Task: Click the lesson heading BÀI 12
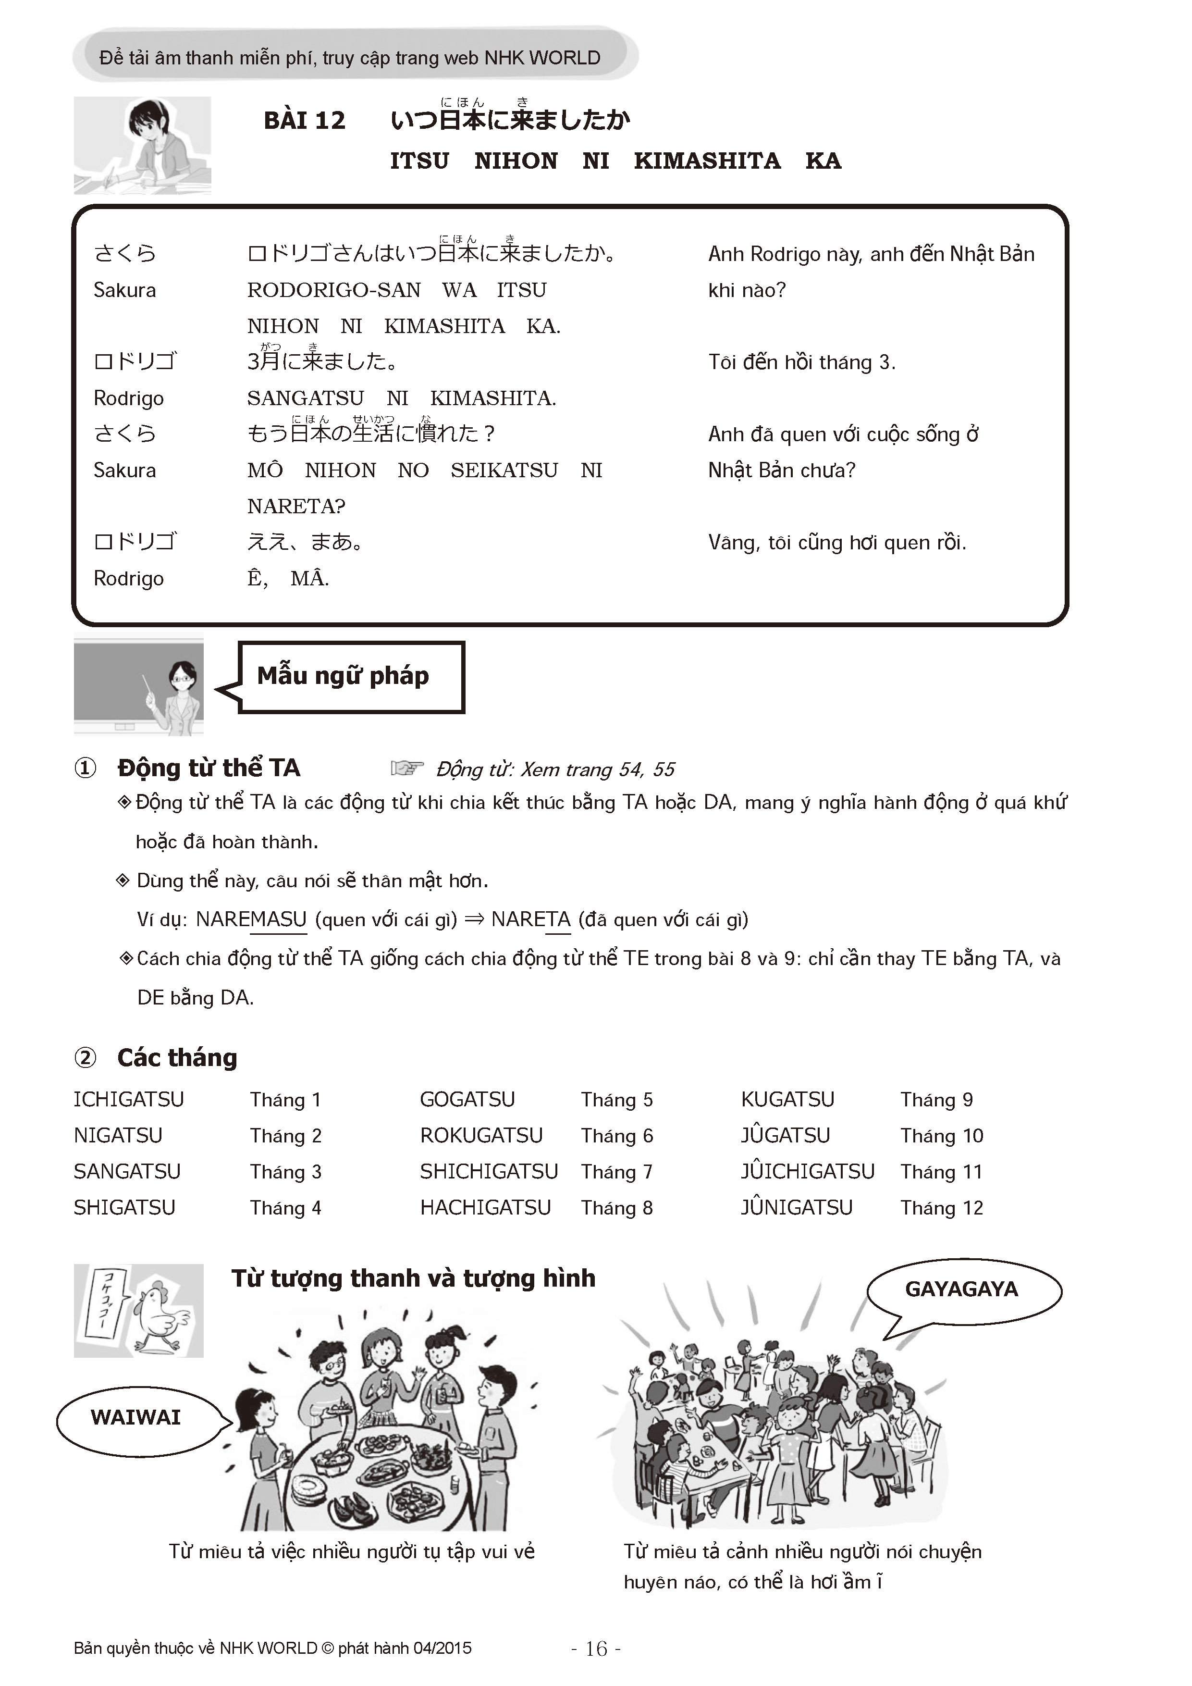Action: [x=304, y=121]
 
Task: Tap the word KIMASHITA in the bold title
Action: [x=707, y=161]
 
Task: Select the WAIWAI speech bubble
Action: [x=136, y=1416]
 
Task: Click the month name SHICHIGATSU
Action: [x=489, y=1171]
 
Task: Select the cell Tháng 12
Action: [x=942, y=1208]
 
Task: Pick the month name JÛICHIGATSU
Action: [x=807, y=1171]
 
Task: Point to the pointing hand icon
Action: [x=407, y=768]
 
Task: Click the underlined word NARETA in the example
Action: [x=531, y=919]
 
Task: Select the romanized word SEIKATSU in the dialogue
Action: [x=504, y=470]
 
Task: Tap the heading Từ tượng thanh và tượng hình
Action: [x=413, y=1278]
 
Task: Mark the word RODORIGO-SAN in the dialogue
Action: [x=334, y=290]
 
